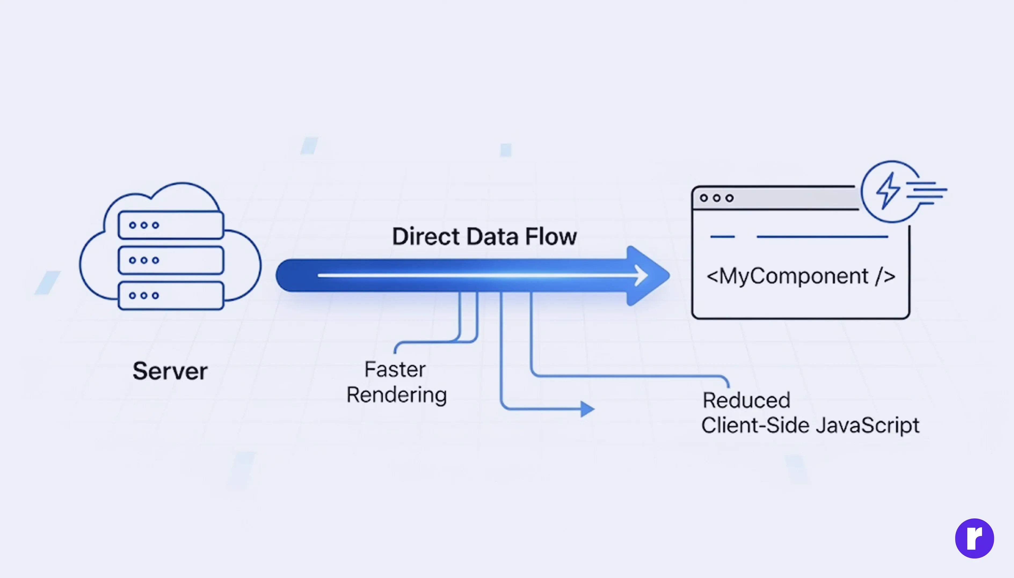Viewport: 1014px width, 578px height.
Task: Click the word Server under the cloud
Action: [170, 371]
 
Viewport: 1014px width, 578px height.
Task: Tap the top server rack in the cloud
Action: [171, 225]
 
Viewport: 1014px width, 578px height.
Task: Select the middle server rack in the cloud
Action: [171, 260]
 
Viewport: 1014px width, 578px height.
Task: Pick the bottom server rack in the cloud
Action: [171, 295]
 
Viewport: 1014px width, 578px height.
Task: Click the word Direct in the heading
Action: [426, 237]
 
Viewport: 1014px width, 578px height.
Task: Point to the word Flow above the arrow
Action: [551, 237]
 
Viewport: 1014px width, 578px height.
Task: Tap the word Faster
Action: [395, 370]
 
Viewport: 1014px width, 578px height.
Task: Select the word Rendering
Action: [396, 395]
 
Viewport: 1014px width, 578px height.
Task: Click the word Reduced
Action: [746, 400]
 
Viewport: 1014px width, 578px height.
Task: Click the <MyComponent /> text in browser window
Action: [801, 276]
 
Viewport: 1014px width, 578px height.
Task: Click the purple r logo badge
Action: [974, 538]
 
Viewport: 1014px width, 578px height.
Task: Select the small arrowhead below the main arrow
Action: [587, 408]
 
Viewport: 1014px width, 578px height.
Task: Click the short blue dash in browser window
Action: [722, 237]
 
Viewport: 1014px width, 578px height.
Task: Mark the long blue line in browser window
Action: [822, 237]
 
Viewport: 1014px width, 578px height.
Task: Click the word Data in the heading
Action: [492, 237]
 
